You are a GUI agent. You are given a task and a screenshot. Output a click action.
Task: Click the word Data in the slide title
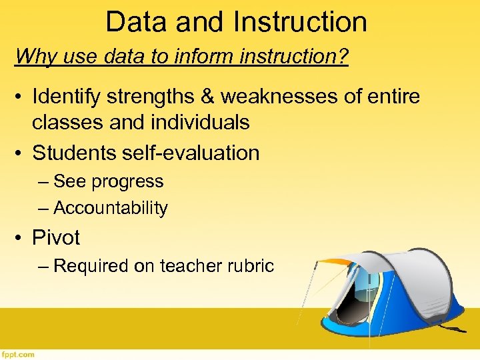[x=136, y=21]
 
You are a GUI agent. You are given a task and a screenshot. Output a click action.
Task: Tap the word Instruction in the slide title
[x=300, y=21]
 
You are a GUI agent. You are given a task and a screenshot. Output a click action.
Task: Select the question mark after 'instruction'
[x=342, y=56]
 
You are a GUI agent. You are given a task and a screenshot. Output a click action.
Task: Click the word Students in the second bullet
[x=73, y=153]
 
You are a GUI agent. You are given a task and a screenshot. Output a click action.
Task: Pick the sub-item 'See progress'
[x=108, y=181]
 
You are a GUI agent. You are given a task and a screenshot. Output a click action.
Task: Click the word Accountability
[x=110, y=208]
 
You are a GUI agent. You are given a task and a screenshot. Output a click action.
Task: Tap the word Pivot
[x=56, y=237]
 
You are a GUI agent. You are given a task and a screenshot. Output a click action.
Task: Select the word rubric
[x=251, y=266]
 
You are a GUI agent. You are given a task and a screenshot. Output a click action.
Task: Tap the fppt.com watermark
[x=18, y=355]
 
